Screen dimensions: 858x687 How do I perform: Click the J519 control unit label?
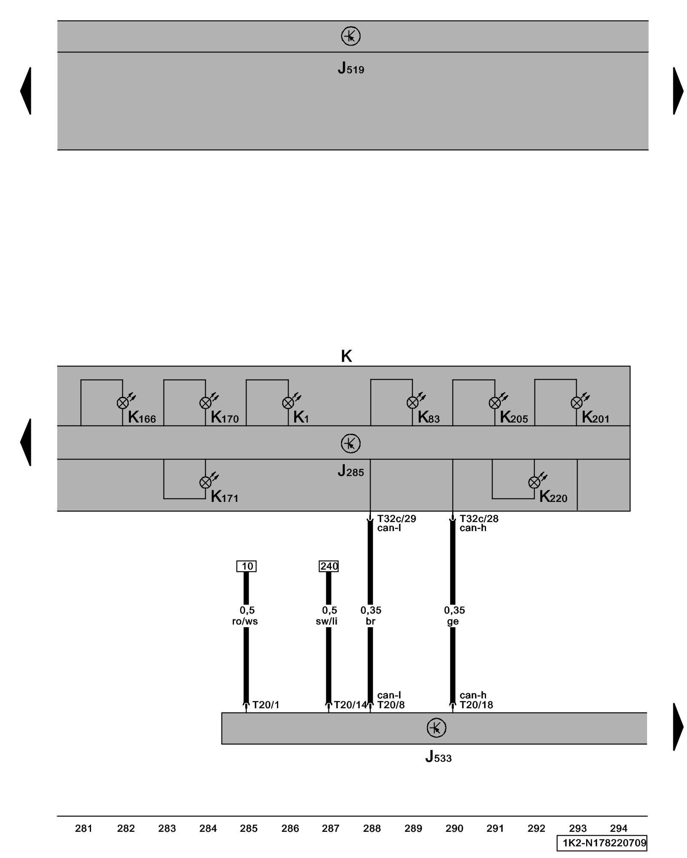coord(351,68)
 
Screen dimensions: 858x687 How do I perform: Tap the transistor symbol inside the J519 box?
coord(350,36)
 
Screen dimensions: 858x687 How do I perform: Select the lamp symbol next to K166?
coord(123,403)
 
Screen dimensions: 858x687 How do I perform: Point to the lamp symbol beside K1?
coord(288,403)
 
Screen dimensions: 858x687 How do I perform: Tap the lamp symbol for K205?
coord(495,403)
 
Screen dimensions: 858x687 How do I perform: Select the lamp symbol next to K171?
coord(206,483)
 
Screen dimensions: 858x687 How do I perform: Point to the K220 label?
coord(553,497)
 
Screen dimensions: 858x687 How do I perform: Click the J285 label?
coord(350,471)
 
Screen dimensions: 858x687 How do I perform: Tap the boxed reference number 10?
coord(246,566)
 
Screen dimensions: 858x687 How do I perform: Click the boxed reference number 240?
coord(329,566)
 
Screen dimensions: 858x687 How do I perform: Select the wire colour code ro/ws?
coord(245,621)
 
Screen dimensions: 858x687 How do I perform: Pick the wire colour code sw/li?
coord(327,621)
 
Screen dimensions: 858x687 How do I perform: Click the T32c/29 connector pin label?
coord(396,519)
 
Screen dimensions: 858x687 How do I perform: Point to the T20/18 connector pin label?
coord(476,705)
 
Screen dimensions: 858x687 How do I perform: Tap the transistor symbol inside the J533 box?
coord(436,728)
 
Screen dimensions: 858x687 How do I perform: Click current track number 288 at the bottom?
coord(372,828)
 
